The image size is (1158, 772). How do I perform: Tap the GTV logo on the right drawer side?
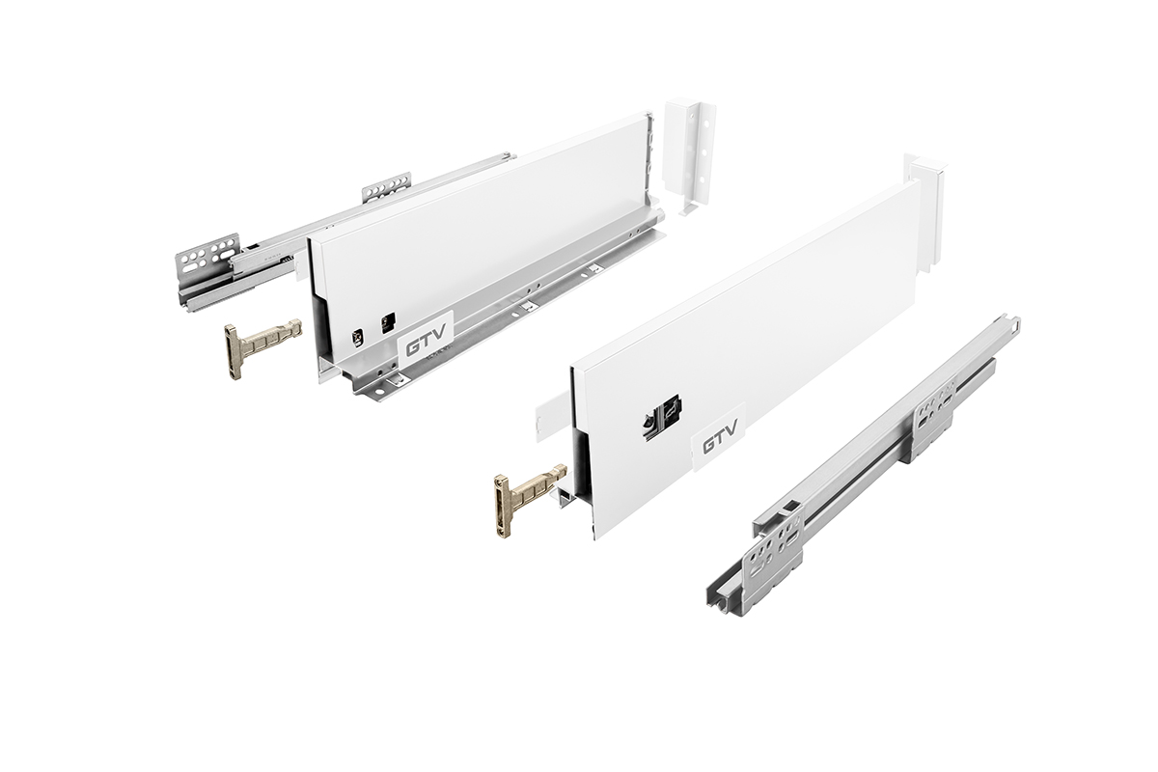click(719, 441)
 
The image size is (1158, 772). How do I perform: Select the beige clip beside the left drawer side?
click(262, 348)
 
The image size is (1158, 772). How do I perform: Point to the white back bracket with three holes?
click(690, 156)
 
